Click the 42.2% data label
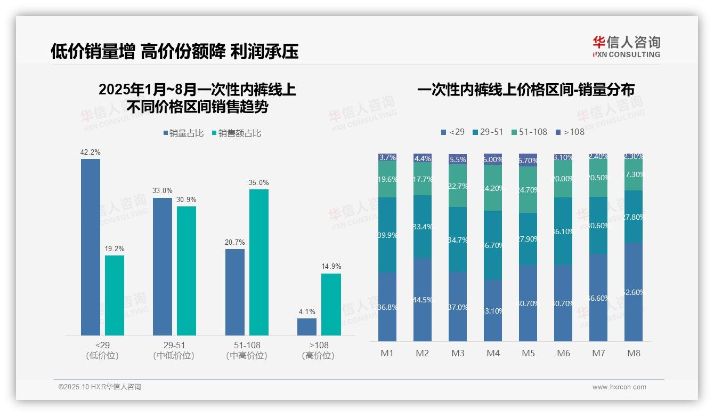point(90,153)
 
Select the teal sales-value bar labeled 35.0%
point(258,262)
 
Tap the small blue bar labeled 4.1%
point(306,327)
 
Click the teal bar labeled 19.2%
point(114,295)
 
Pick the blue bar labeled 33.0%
point(163,267)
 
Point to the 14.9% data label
point(331,267)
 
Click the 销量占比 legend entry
point(183,133)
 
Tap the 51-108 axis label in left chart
point(247,345)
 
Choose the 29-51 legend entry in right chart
point(487,132)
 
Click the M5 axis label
point(528,353)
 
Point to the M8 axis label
point(633,353)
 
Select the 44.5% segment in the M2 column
point(423,300)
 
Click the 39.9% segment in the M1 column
point(387,235)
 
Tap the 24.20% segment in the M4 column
point(493,188)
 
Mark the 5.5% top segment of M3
point(458,159)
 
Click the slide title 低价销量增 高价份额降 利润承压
point(175,51)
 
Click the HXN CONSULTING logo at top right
point(626,46)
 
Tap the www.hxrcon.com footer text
point(619,387)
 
